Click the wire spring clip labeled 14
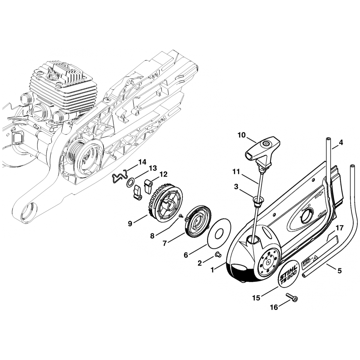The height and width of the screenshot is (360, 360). click(x=118, y=177)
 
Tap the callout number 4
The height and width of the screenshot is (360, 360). click(x=341, y=143)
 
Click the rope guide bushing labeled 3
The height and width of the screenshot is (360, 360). click(x=257, y=200)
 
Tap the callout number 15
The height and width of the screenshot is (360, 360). click(x=256, y=298)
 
